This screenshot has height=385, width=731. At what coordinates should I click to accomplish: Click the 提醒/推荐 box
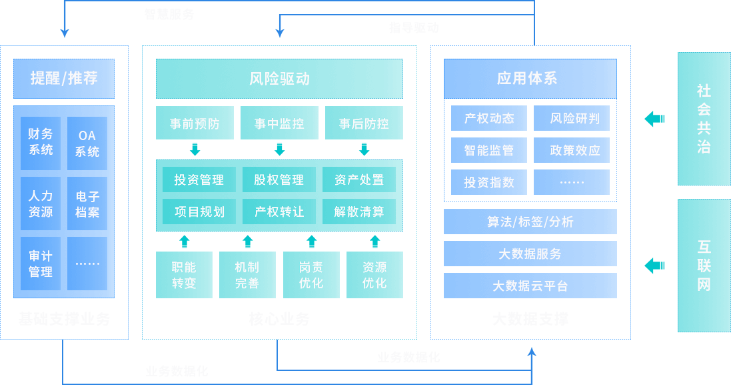coord(64,79)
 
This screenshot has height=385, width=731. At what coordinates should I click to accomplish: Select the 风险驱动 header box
coord(279,79)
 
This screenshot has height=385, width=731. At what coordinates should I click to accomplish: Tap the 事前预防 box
coord(195,123)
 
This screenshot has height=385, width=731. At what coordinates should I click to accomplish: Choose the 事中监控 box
coord(279,123)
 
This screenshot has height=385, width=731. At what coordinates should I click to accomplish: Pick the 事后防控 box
coord(364,123)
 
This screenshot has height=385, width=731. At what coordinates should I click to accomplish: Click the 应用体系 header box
coord(530,79)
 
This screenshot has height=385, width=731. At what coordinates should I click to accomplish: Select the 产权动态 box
coord(489,118)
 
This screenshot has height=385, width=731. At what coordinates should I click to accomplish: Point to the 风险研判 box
coord(571,118)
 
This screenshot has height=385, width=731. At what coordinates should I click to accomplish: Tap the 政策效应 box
coord(571,150)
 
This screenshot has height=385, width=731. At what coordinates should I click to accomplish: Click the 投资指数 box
coord(489,182)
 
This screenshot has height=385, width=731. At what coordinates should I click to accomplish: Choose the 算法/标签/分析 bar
coord(530,222)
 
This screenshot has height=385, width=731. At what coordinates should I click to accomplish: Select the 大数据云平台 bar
coord(530,286)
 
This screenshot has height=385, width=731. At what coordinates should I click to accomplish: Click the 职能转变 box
coord(184,275)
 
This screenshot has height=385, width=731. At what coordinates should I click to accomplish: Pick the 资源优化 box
coord(374,275)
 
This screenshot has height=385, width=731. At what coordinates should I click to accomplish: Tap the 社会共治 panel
coord(704,118)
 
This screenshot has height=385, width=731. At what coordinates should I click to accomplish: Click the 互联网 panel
coord(704,266)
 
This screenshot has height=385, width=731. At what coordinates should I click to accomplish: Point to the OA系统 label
coord(87,143)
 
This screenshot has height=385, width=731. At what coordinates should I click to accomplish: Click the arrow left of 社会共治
coord(654,119)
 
